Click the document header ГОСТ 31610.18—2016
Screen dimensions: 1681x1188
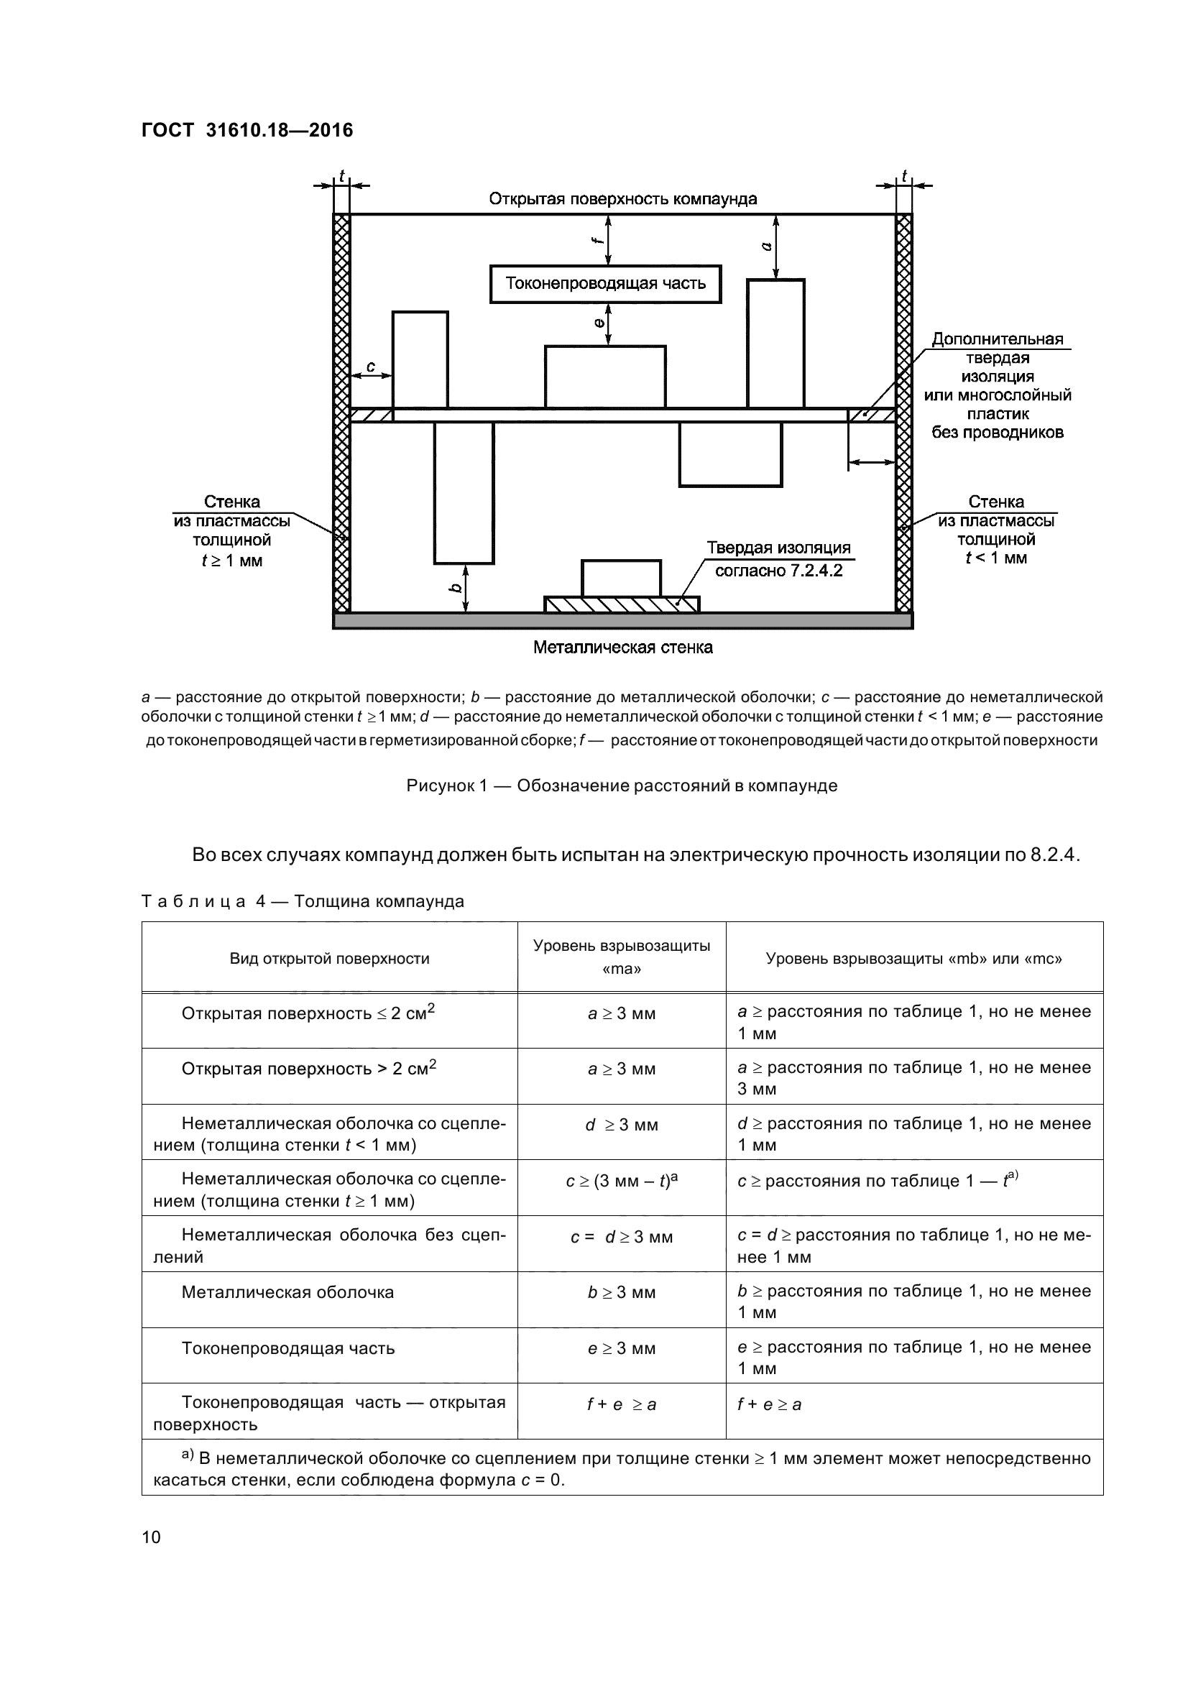tap(247, 130)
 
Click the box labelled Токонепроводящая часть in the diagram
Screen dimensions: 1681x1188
tap(605, 284)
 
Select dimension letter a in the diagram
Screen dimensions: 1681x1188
tap(766, 247)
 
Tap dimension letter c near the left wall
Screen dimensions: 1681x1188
tap(370, 367)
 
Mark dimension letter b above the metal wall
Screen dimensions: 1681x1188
tap(455, 588)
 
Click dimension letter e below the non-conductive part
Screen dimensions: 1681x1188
tap(599, 322)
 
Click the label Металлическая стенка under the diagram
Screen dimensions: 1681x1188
tap(623, 648)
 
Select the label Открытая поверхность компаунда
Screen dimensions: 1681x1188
tap(623, 199)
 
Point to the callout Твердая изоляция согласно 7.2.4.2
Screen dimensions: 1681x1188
tap(778, 559)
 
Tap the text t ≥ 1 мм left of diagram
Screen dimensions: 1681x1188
tap(232, 561)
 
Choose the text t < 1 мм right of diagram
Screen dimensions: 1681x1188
tap(996, 558)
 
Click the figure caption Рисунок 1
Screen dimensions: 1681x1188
tap(622, 786)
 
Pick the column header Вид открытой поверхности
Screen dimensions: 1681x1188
tap(329, 959)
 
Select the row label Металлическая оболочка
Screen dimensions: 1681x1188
tap(287, 1292)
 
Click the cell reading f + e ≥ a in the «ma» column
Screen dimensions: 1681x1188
tap(622, 1404)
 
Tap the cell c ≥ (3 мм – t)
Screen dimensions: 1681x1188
tap(622, 1181)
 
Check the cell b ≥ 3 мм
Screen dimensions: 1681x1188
tap(622, 1292)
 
